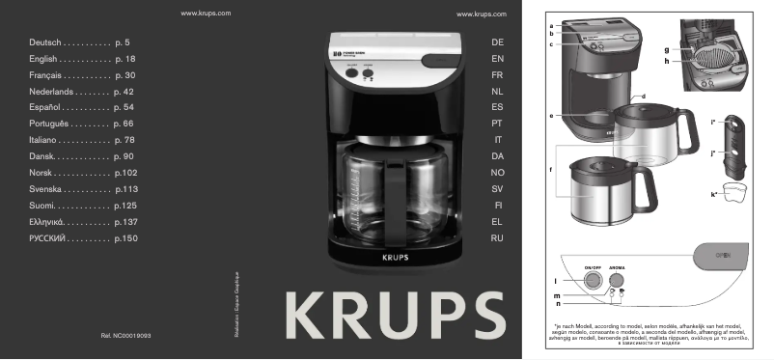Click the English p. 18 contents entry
[x=82, y=60]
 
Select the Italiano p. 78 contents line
[x=82, y=141]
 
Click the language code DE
[x=497, y=44]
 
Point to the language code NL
[x=497, y=92]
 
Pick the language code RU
[x=497, y=237]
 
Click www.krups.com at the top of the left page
[x=205, y=15]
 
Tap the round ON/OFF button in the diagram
[x=591, y=281]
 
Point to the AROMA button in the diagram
[x=616, y=281]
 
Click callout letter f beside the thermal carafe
[x=551, y=171]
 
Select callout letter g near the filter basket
[x=666, y=49]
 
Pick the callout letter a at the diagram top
[x=550, y=24]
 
